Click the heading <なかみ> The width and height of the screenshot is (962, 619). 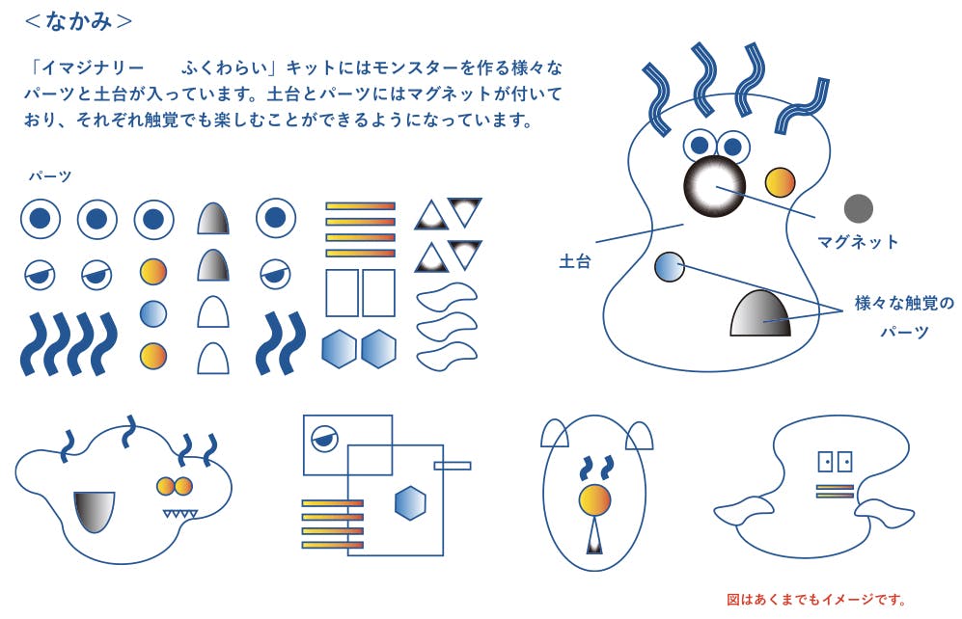[x=78, y=21]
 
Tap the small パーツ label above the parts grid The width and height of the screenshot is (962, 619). [x=50, y=176]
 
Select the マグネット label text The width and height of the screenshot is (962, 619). [x=858, y=241]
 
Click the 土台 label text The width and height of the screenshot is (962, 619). [x=575, y=261]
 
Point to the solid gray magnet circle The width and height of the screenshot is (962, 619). [x=859, y=208]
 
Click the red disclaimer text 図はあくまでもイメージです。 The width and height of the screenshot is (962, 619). [x=816, y=600]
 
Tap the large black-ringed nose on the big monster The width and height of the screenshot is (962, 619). [x=714, y=186]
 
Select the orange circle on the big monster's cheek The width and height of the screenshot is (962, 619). [x=780, y=182]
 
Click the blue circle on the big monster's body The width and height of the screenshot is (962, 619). [x=670, y=267]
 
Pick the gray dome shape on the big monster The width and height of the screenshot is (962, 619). [x=760, y=313]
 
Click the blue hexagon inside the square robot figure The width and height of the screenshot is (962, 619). [x=410, y=503]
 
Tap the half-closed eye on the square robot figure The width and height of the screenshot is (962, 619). [x=324, y=438]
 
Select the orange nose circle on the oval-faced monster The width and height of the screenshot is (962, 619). [x=594, y=499]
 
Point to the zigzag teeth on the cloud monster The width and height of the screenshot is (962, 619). [x=179, y=514]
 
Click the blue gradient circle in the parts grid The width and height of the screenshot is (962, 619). [x=152, y=313]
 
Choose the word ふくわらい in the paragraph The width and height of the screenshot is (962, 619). [x=225, y=67]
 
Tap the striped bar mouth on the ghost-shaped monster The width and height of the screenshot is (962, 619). [x=835, y=491]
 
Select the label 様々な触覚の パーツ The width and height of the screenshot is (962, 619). [x=904, y=317]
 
